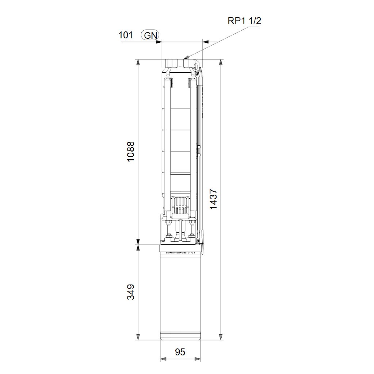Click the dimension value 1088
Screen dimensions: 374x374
tap(131, 152)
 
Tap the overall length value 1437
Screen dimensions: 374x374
tap(213, 199)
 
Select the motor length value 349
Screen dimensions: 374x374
tap(131, 292)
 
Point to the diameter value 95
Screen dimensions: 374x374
tap(180, 352)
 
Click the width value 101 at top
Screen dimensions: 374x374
tap(126, 35)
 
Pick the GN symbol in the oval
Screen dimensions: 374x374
tap(150, 35)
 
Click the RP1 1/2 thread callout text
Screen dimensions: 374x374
tap(244, 21)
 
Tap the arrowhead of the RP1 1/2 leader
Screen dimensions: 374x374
tap(186, 57)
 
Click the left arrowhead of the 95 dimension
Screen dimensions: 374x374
tap(163, 359)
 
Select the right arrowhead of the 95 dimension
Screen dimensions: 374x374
tap(198, 359)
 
